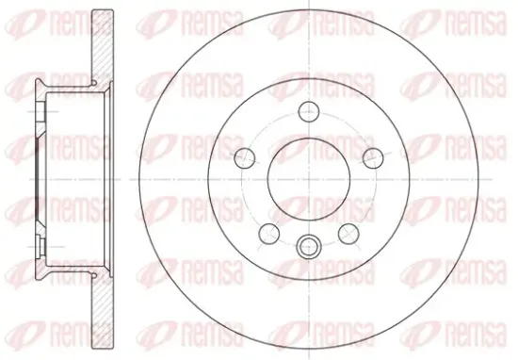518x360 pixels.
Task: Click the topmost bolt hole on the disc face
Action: point(309,112)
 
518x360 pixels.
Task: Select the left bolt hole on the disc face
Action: point(245,158)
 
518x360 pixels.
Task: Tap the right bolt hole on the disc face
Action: point(373,158)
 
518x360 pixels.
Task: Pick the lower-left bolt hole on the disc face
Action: point(269,234)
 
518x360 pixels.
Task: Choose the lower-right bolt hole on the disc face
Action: point(348,234)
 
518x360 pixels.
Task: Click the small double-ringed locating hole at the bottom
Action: point(308,246)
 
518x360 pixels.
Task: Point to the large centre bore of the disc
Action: point(309,179)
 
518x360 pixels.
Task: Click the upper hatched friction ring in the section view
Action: point(103,46)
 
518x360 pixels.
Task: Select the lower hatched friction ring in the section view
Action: point(103,311)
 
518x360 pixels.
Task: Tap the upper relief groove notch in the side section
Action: point(93,82)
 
